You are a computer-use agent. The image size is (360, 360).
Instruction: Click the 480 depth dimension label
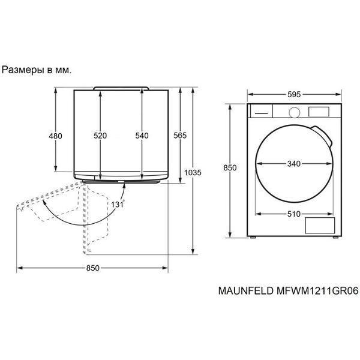coord(55,136)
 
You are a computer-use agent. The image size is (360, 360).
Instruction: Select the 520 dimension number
coord(100,136)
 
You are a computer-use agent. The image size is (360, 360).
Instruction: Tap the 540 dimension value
coord(142,136)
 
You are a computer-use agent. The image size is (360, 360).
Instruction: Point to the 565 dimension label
coord(180,136)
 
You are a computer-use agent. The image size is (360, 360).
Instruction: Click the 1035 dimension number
coord(193,172)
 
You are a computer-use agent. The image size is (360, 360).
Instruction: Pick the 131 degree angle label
coord(118,204)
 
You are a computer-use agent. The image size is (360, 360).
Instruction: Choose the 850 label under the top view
coord(93,268)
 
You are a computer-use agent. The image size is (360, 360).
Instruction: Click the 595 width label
coord(294,94)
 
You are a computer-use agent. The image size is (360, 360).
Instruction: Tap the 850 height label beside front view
coord(230,168)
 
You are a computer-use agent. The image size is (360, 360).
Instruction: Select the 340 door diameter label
coord(294,164)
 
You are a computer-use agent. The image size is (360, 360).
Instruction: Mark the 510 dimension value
coord(294,214)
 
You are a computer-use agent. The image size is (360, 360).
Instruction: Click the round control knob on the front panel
coord(295,113)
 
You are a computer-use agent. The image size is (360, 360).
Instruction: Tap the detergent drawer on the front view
coord(261,111)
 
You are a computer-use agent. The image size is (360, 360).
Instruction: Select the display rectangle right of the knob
coord(319,112)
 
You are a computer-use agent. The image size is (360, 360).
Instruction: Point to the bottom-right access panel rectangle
coord(320,226)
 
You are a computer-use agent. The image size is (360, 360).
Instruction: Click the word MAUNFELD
coord(246,291)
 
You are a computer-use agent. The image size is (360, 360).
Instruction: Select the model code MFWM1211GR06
coord(317,291)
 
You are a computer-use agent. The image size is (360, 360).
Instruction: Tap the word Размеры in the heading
coord(23,70)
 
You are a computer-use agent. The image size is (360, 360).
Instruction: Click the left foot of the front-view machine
coord(253,238)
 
